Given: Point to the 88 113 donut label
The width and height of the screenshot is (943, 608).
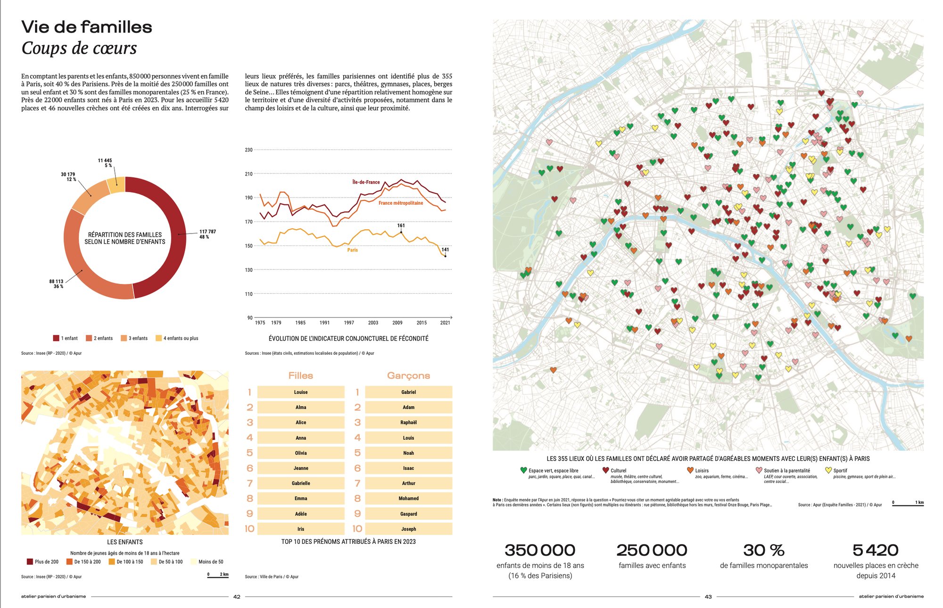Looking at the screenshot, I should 56,283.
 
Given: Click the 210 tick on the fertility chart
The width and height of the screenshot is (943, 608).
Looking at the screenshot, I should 248,174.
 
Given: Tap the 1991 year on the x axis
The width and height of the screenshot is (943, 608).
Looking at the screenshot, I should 324,323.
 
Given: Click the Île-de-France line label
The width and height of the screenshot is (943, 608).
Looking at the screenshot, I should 366,182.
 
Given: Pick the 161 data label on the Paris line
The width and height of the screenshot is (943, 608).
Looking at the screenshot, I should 401,225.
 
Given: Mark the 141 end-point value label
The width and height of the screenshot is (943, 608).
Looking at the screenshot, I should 445,250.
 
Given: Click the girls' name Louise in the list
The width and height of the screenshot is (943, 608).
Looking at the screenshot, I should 301,392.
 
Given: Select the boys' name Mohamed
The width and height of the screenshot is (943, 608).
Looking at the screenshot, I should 408,498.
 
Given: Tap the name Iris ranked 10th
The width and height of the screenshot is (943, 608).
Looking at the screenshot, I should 301,529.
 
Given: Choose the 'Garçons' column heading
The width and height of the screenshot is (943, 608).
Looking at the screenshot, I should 408,375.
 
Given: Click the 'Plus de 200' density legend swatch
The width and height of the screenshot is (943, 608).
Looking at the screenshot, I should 30,562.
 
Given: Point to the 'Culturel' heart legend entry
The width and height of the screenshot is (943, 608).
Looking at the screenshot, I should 606,470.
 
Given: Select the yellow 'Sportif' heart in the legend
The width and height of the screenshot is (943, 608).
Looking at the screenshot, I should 828,470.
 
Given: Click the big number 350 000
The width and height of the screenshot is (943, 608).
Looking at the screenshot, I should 540,550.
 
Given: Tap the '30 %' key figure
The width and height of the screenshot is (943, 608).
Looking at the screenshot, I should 764,550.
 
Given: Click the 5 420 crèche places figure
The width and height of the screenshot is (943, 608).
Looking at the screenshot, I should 876,550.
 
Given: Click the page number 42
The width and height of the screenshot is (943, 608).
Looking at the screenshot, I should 237,597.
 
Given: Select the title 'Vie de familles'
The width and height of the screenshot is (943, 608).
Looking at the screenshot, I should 87,27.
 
